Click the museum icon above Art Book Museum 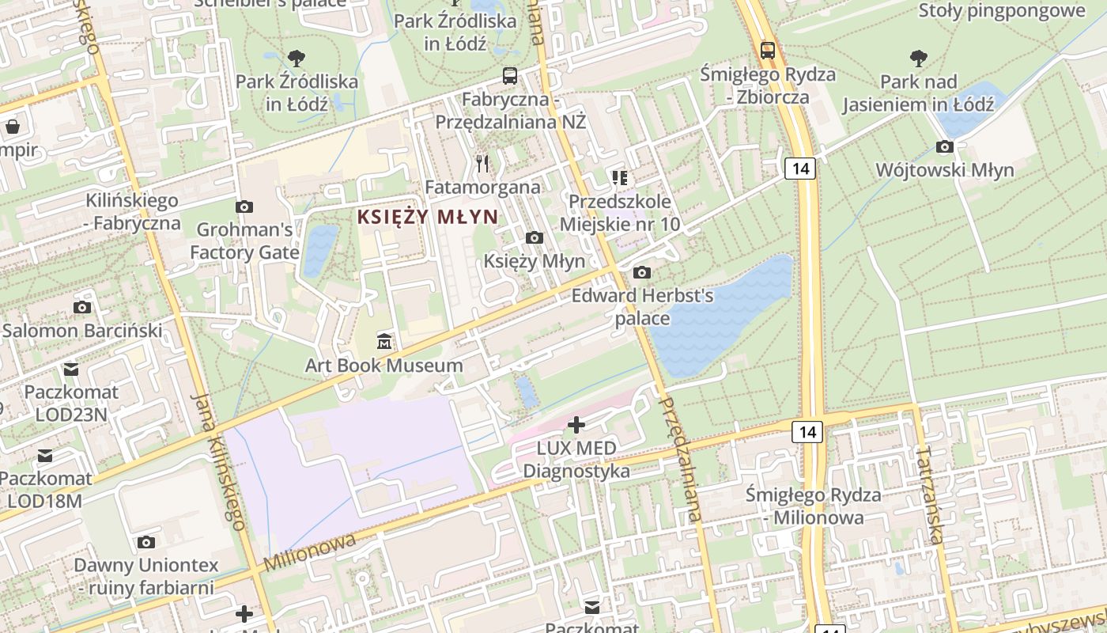[384, 341]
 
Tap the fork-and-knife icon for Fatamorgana [482, 164]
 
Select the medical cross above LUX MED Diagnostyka [576, 425]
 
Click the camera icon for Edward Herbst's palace [642, 273]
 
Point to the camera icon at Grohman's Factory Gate [244, 207]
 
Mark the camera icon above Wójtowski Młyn [944, 146]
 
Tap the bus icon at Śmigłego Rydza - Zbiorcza [767, 51]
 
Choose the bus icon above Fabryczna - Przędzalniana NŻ [510, 77]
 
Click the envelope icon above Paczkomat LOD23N [71, 369]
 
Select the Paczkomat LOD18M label [45, 489]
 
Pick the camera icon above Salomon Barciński [81, 307]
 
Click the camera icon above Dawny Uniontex [145, 542]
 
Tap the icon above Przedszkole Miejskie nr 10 [619, 178]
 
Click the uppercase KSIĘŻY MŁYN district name [428, 217]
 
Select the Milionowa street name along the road [310, 552]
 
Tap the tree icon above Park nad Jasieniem [918, 58]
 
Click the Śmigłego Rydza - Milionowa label [814, 506]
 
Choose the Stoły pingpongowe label [1002, 10]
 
